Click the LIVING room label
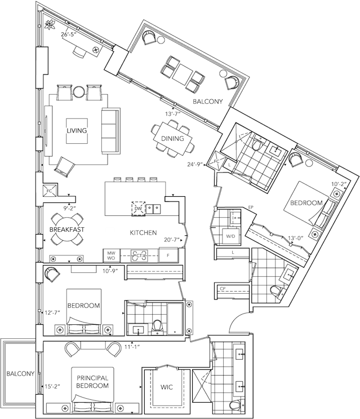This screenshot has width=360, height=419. [x=77, y=131]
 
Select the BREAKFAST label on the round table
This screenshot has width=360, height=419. [x=66, y=230]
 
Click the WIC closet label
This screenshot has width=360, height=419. [x=166, y=387]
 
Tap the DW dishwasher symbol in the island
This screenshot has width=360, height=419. [x=137, y=209]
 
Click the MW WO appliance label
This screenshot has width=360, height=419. [x=112, y=255]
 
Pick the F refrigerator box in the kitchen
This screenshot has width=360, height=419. [x=168, y=256]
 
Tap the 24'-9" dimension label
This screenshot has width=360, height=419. [x=195, y=165]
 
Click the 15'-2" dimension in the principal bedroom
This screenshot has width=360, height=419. [x=52, y=387]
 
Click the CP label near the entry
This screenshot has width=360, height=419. [x=223, y=288]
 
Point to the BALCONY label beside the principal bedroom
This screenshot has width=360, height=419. [x=20, y=374]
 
